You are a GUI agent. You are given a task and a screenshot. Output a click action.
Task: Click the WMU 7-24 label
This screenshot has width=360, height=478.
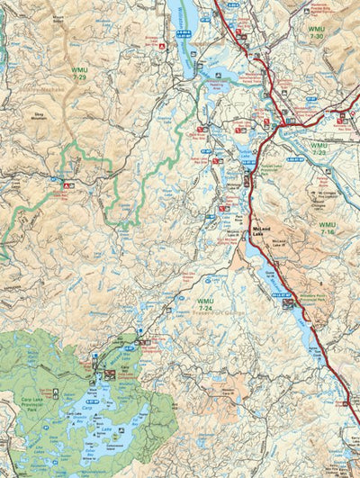click(x=206, y=304)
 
